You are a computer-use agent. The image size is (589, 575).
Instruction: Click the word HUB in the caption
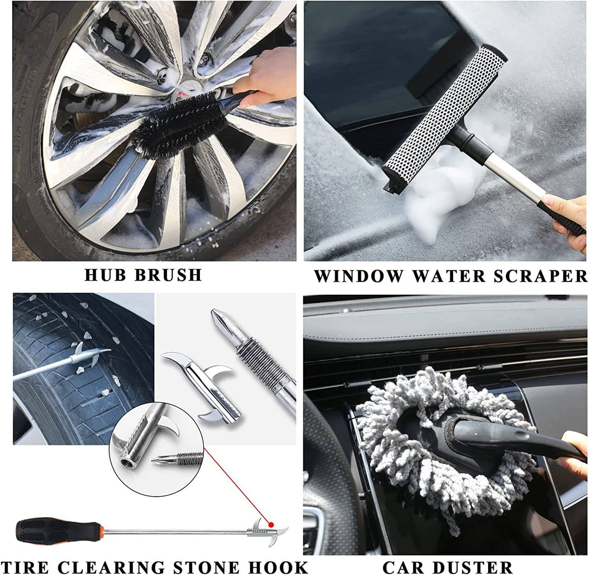point(105,275)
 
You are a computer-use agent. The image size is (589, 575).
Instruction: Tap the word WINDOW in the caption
point(358,276)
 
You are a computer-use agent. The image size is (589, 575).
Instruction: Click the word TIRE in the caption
point(24,567)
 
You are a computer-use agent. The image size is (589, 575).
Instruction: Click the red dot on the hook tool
point(272,524)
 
